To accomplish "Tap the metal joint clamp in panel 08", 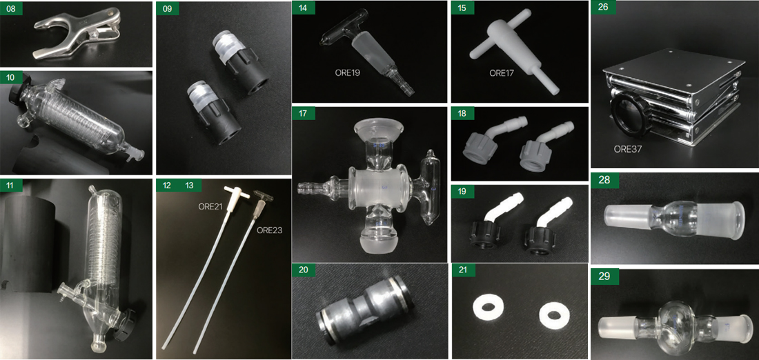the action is [77, 33].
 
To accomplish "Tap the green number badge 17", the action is [304, 114].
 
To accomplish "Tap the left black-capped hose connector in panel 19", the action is [490, 223].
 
